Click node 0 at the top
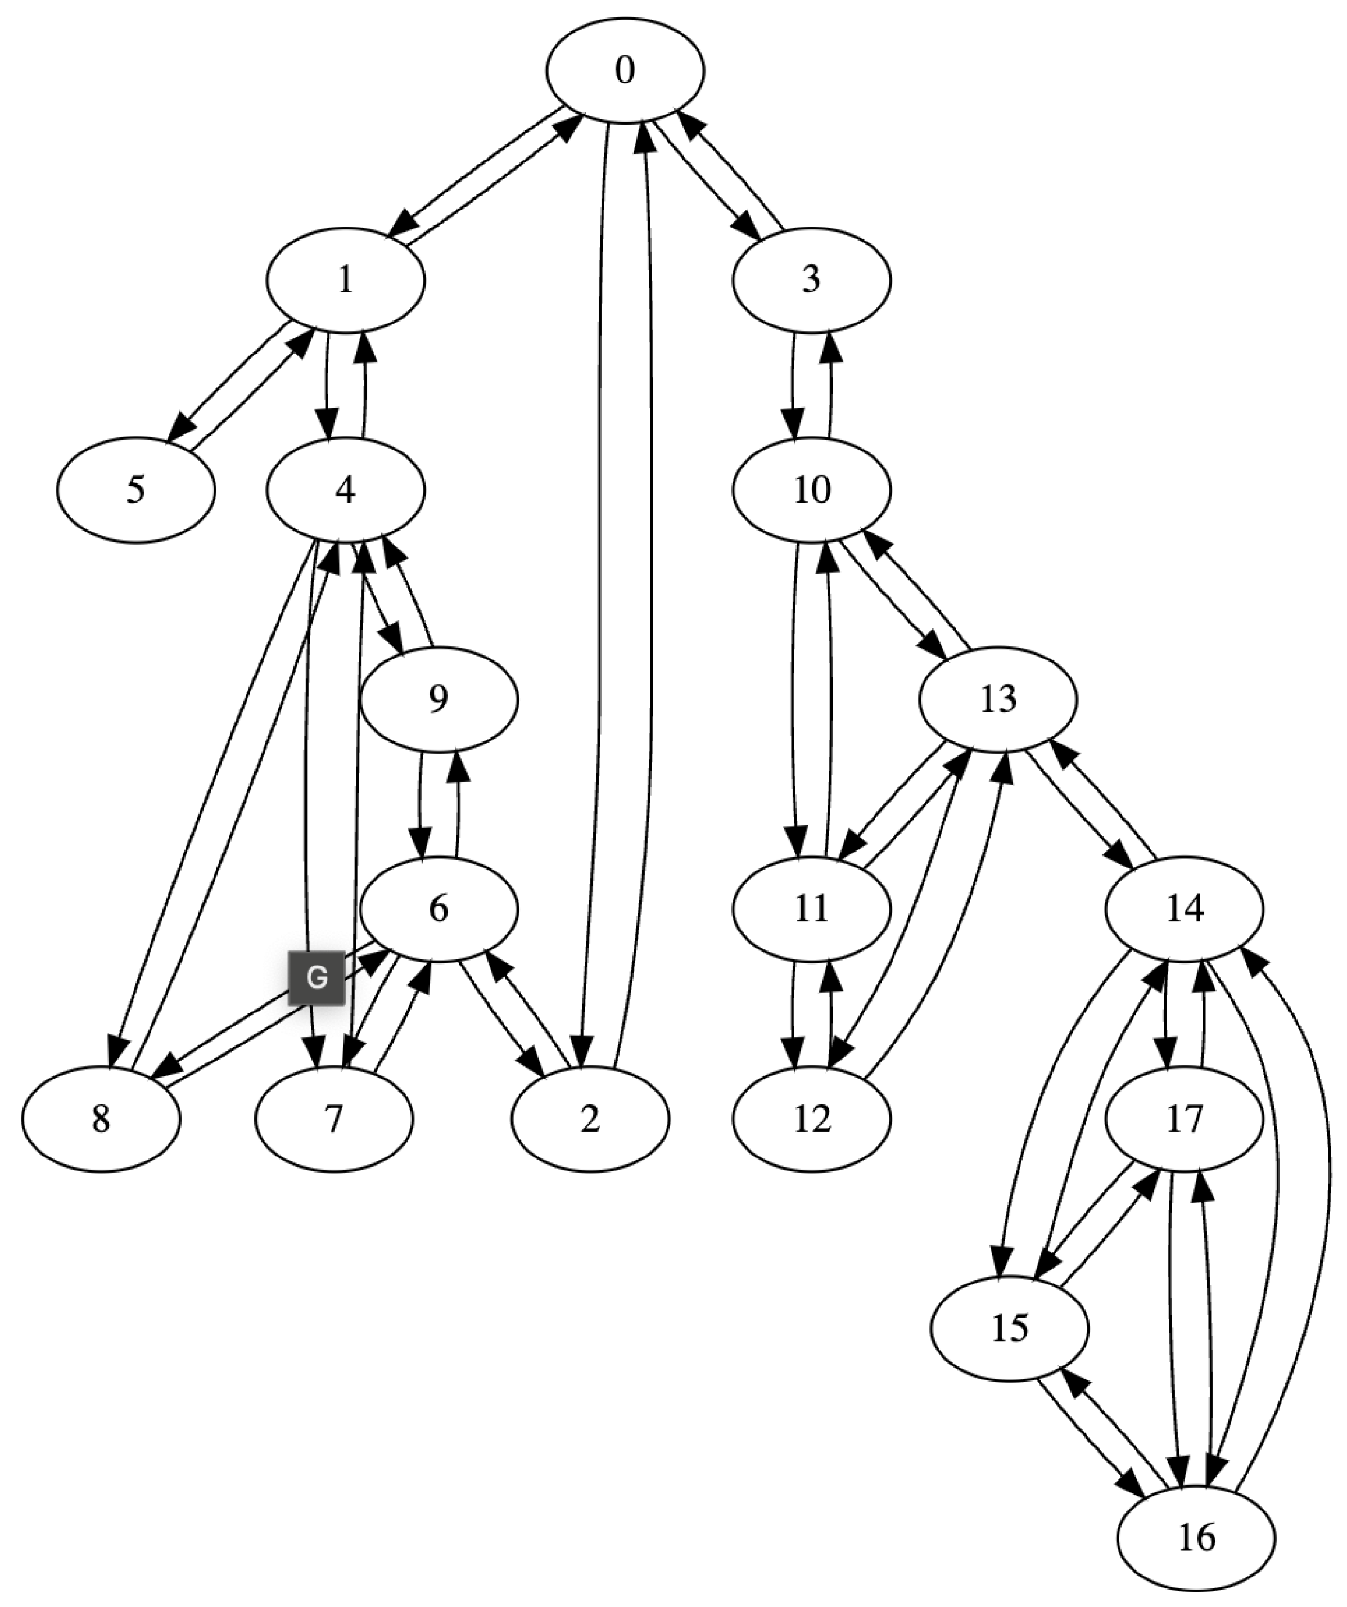(x=625, y=70)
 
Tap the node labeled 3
(x=811, y=280)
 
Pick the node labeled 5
(x=135, y=490)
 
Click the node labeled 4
(x=345, y=490)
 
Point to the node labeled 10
(x=811, y=490)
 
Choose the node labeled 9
(x=439, y=699)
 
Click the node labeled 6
(x=439, y=909)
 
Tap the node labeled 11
(x=811, y=909)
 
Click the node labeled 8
(x=101, y=1119)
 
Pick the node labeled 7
(x=334, y=1119)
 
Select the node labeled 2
(x=590, y=1119)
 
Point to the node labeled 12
(x=811, y=1119)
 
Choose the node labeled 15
(x=1010, y=1328)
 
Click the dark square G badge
(x=316, y=977)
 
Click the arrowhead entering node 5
(x=180, y=425)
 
